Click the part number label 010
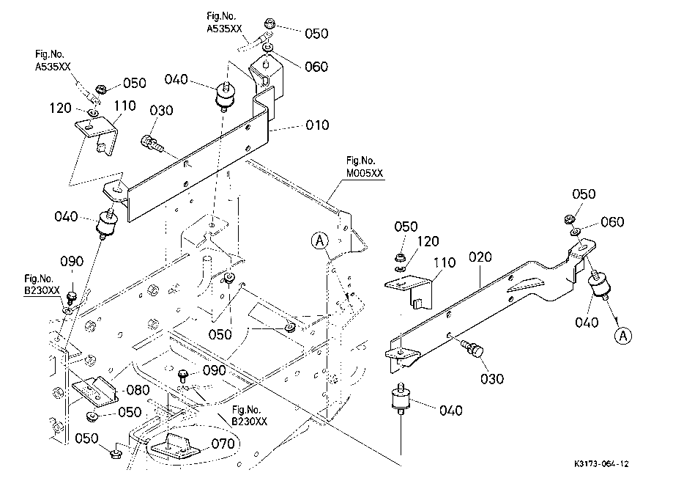click(317, 125)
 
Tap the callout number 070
click(223, 444)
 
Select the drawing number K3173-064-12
click(602, 464)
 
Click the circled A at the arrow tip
click(622, 336)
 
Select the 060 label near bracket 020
click(612, 222)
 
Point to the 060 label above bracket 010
click(316, 67)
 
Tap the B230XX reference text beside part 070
click(250, 416)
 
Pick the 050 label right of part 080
click(130, 413)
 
